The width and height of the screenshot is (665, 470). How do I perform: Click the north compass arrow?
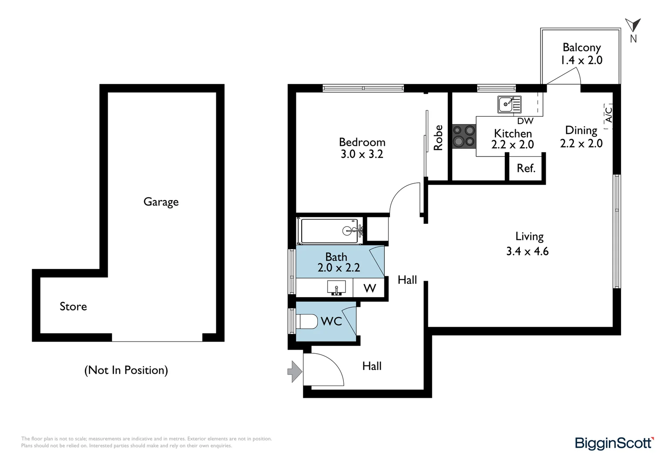tap(633, 25)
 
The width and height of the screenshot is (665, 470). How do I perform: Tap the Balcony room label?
tap(581, 47)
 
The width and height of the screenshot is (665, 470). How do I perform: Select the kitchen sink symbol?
tap(510, 104)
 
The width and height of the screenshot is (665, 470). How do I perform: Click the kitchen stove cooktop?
tap(464, 136)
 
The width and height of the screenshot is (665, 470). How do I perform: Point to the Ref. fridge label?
tap(526, 168)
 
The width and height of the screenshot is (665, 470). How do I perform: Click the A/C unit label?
tap(608, 115)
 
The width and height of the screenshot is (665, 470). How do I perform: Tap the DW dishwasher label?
tap(525, 121)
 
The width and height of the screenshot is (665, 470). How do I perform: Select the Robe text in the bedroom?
tap(438, 138)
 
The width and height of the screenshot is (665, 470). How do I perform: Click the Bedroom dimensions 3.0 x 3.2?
tap(362, 154)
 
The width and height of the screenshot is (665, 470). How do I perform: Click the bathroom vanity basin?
tap(336, 288)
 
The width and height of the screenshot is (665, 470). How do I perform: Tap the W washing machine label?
tap(369, 288)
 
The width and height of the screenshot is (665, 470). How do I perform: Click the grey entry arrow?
tap(295, 371)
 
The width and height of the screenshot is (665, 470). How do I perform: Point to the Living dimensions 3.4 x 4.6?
tap(527, 251)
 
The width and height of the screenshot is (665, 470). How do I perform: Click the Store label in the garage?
tap(73, 306)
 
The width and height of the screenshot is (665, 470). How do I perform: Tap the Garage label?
tap(161, 202)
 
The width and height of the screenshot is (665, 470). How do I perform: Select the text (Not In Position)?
tap(126, 370)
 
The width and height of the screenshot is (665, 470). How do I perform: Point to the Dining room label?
tap(581, 131)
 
